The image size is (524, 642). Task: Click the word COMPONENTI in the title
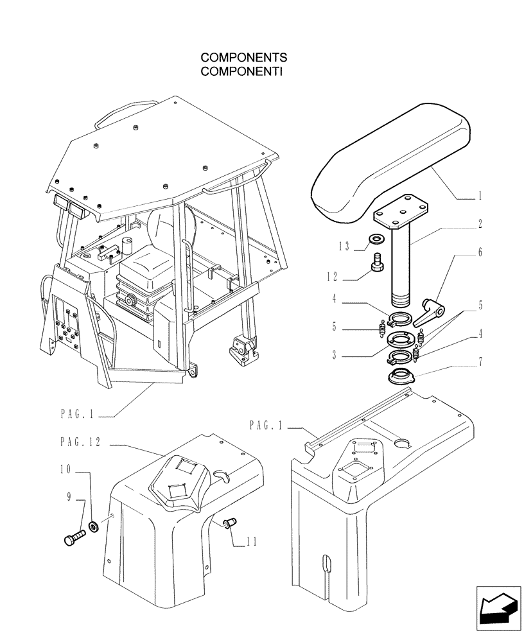(x=242, y=71)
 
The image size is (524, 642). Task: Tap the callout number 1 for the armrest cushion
(x=480, y=197)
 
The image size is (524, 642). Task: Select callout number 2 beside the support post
(x=480, y=225)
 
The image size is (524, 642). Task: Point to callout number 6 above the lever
(x=480, y=253)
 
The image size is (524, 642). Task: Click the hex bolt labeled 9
(x=74, y=537)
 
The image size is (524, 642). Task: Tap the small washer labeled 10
(x=94, y=527)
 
